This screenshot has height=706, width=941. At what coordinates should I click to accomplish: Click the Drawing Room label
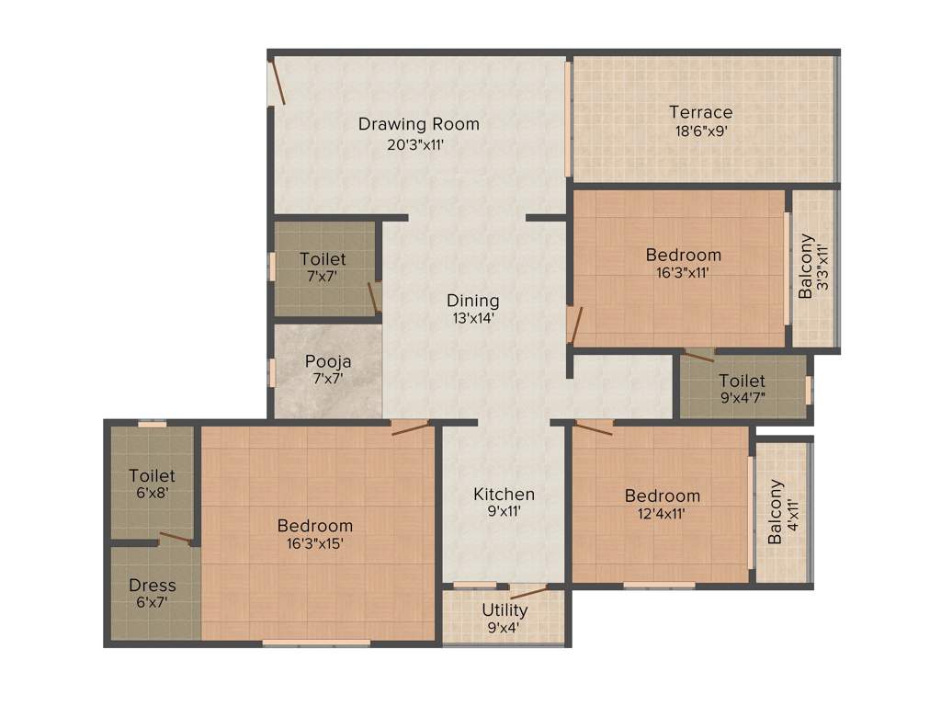coord(418,124)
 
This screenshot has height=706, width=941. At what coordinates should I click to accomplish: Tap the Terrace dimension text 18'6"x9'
coord(701,131)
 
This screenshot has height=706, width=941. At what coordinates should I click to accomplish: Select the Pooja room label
coord(328,361)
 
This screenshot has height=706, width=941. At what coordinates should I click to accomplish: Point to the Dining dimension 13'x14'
coord(473,318)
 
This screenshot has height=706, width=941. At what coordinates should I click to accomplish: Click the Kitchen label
coord(504,494)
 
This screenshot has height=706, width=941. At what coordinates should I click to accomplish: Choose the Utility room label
coord(505,610)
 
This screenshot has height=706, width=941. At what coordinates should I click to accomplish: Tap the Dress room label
coord(153,586)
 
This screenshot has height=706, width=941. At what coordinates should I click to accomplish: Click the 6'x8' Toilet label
coord(153,476)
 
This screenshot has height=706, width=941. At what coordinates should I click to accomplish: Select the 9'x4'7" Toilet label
coord(742,381)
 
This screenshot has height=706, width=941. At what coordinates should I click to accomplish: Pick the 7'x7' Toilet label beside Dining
coord(323,259)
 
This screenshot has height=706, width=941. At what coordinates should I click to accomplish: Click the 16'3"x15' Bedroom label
coord(315,526)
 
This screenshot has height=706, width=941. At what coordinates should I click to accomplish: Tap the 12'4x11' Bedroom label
coord(662,496)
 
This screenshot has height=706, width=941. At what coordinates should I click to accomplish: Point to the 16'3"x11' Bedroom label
coord(683,255)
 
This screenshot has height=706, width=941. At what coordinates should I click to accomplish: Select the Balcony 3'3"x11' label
coord(806,268)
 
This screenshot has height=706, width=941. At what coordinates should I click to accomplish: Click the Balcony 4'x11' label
coord(777,511)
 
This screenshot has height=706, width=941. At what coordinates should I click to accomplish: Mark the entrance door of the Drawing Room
coord(277,83)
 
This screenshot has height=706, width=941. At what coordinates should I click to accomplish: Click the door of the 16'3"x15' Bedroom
coord(410,427)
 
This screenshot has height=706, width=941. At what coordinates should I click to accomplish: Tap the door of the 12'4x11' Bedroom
coord(594,428)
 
